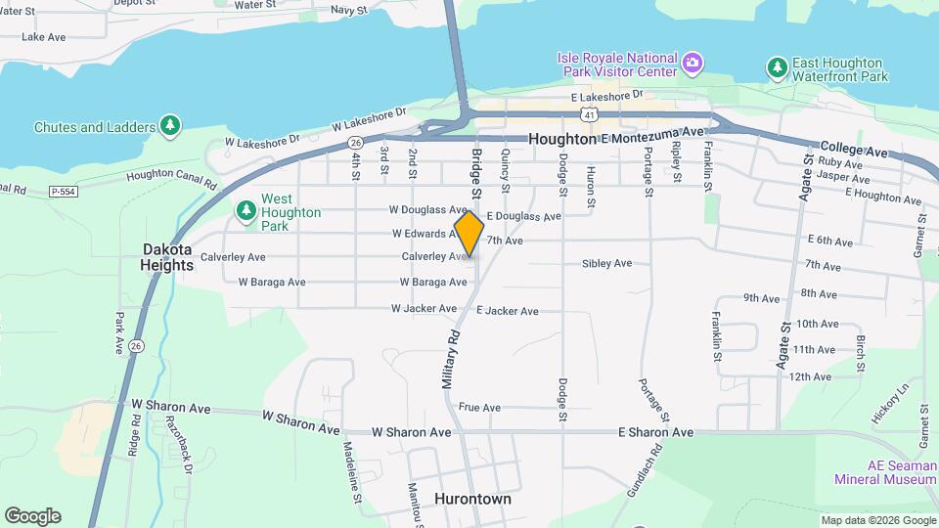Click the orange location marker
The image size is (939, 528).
point(469,234)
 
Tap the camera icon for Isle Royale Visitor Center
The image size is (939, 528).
point(693,63)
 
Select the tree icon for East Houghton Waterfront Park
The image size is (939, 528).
point(777,66)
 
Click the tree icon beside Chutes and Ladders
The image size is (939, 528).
point(171,127)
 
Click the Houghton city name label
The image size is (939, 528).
point(561,140)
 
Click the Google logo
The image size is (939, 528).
point(32,516)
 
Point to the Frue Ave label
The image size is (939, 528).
point(479,408)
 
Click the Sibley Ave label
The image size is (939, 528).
point(606,264)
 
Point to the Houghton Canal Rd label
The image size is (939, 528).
point(170,176)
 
